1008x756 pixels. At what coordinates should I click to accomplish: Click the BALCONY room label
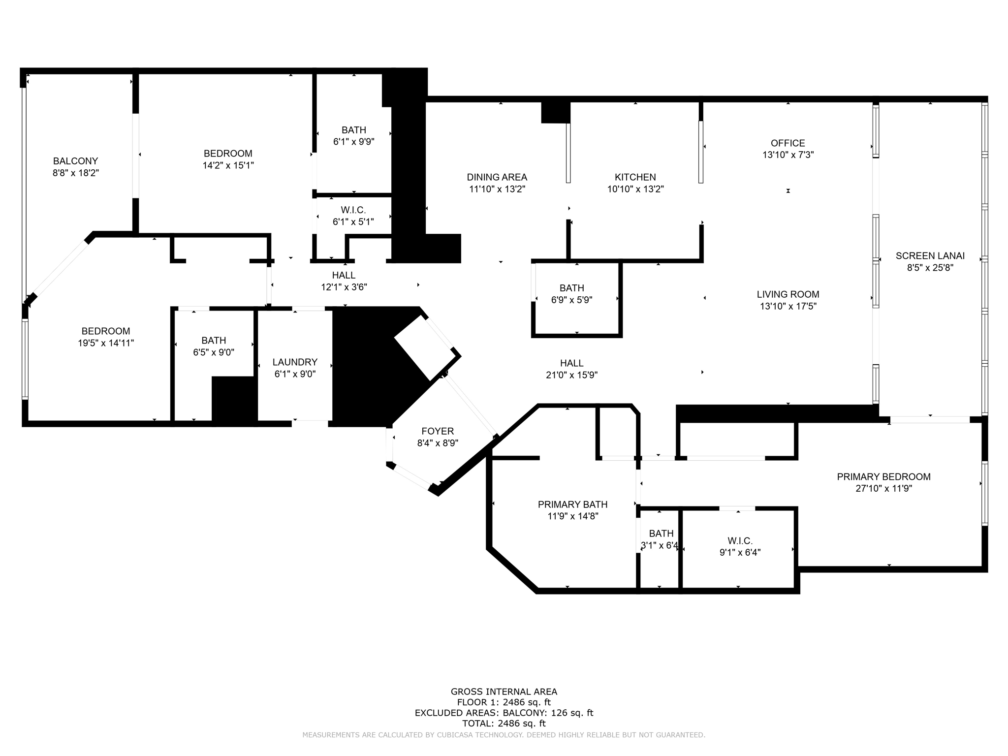(75, 161)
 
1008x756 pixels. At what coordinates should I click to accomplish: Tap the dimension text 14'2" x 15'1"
(228, 165)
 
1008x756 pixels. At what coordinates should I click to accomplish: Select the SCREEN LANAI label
(930, 256)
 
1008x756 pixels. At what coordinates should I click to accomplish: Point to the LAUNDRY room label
(295, 362)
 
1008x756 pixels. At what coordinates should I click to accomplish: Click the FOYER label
(438, 431)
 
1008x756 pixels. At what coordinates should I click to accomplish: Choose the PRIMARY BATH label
(572, 504)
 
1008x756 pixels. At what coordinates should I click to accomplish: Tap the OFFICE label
(787, 143)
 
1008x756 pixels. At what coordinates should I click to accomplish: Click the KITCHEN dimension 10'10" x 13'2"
(635, 189)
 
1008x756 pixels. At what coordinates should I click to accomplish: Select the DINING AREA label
(497, 177)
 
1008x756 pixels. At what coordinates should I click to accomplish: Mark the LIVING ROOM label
(787, 294)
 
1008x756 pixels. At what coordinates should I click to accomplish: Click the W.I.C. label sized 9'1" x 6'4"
(740, 541)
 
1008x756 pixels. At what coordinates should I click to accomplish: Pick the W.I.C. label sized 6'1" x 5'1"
(353, 210)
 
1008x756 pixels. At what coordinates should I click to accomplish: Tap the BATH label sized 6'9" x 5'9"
(571, 288)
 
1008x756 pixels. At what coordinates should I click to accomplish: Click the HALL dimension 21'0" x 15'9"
(571, 375)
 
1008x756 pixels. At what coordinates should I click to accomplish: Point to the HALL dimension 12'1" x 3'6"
(344, 287)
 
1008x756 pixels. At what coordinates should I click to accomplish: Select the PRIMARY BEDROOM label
(883, 477)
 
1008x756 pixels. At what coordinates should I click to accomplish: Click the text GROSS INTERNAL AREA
(504, 692)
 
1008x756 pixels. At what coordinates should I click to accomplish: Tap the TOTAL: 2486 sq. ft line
(504, 724)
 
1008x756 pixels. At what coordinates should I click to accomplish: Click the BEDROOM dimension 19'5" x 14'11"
(106, 343)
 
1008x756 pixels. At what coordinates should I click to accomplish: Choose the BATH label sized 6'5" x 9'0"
(214, 341)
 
